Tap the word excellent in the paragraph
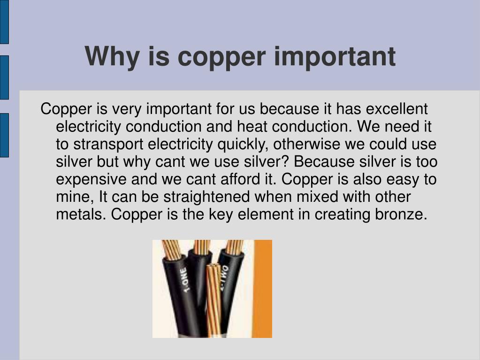[396, 109]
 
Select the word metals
[81, 214]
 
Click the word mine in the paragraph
[69, 197]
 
